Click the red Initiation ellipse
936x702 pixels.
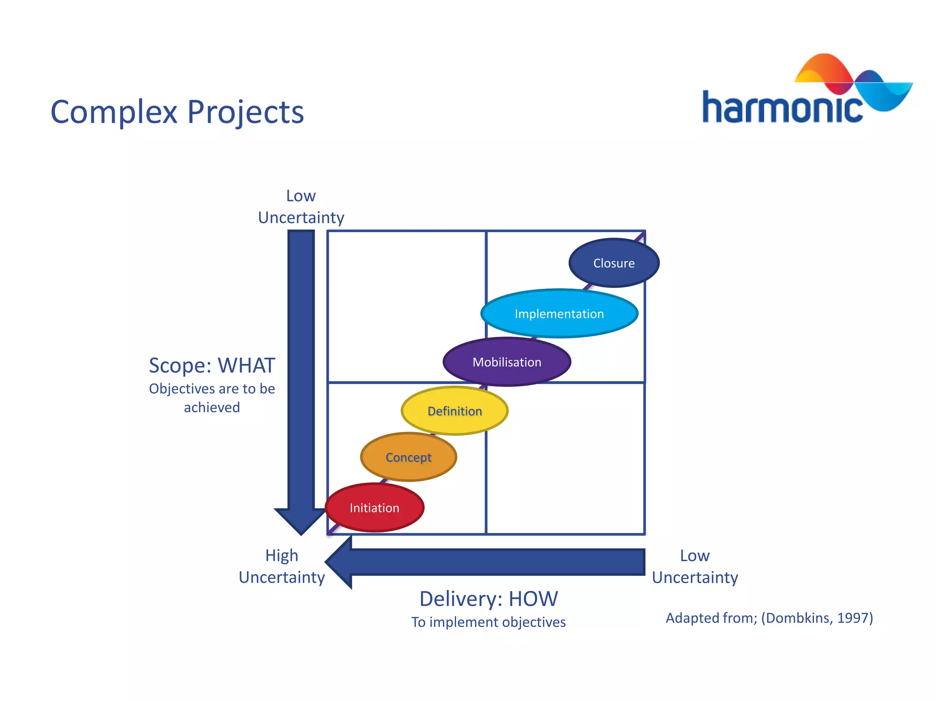point(374,508)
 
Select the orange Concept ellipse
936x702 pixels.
point(408,457)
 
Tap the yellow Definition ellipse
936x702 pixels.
point(454,411)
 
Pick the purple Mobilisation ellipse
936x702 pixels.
point(506,362)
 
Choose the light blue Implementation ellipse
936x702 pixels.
point(559,314)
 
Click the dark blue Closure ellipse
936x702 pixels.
point(614,263)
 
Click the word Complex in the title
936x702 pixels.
point(113,112)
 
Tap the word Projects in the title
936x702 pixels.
point(245,112)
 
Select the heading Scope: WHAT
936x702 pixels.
point(212,366)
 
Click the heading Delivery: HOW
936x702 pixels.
point(489,599)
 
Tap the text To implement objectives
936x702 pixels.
point(488,622)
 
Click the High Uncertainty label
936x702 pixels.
point(282,566)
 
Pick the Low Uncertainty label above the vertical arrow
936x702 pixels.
point(301,207)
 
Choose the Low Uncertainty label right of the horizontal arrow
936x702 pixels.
point(695,566)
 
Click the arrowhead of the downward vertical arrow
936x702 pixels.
point(301,521)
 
